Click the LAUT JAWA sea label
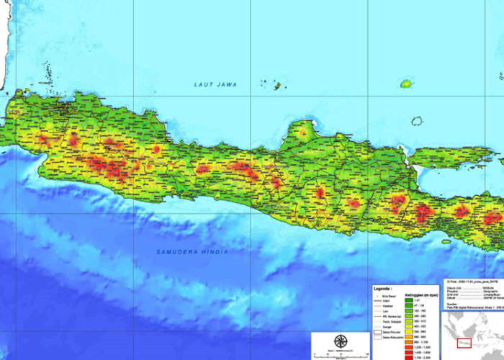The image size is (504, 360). click(x=215, y=85)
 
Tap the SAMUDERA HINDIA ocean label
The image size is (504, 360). click(x=192, y=252)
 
